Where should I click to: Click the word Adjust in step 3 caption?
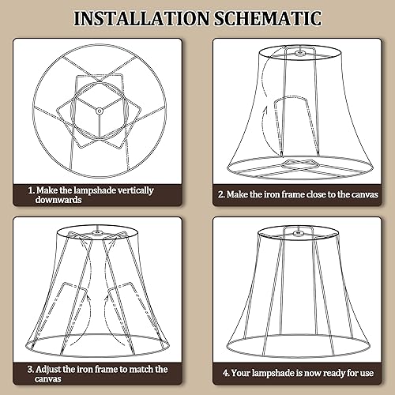(x=53, y=369)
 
